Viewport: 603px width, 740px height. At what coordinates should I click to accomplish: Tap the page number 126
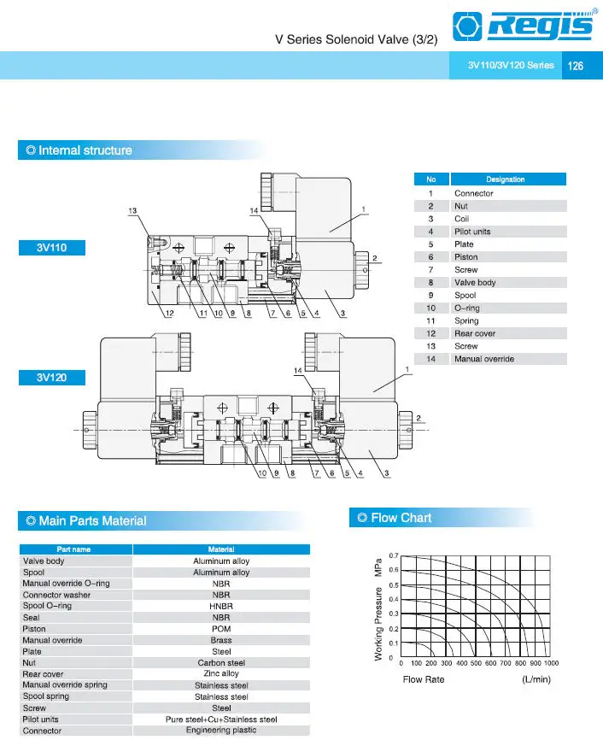(x=576, y=66)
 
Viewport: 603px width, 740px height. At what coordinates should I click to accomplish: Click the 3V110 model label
(x=51, y=248)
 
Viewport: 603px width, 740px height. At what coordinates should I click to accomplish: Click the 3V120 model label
(x=51, y=377)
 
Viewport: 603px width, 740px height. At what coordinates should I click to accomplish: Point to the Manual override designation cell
(x=483, y=359)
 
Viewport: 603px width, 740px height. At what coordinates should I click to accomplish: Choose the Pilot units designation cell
(x=472, y=232)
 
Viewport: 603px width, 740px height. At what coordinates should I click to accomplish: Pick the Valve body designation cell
(x=475, y=283)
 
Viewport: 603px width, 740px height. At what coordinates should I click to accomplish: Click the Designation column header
(x=506, y=179)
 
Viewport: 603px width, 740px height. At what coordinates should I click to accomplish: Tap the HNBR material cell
(x=221, y=606)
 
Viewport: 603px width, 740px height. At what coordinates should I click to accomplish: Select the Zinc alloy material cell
(x=221, y=674)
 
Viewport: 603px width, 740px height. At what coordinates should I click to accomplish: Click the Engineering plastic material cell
(x=221, y=731)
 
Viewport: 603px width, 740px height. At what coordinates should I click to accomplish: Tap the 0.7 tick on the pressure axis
(x=393, y=556)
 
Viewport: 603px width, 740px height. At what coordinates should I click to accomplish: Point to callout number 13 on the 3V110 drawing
(x=132, y=210)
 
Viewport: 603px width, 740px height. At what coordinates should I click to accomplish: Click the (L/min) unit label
(x=536, y=680)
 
